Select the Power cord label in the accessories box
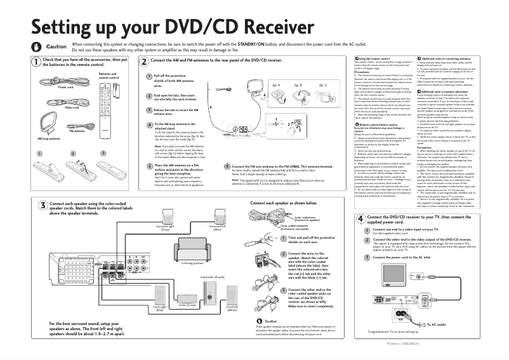65,87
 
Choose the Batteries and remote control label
108,75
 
